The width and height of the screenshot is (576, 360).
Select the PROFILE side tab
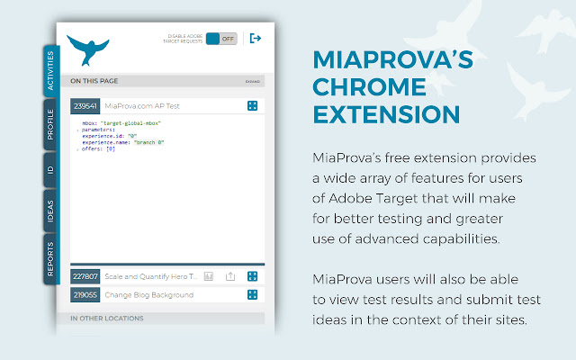pos(50,122)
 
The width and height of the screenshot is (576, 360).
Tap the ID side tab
pos(50,169)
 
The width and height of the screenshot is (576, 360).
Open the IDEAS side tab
pos(50,210)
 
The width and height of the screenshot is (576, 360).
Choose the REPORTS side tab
pos(50,257)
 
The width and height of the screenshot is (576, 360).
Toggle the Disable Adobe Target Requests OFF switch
pos(220,39)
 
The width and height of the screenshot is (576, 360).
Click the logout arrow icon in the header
pos(255,39)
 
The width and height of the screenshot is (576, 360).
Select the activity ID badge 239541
pos(85,106)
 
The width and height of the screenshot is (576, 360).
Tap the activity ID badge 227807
pos(85,276)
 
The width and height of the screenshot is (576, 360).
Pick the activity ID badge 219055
pos(85,294)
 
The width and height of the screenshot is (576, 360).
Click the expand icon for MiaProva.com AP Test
pos(253,106)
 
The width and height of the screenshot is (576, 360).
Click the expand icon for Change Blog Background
pos(253,294)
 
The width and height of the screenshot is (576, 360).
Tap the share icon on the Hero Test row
pos(230,276)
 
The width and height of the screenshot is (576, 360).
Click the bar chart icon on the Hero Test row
pos(208,276)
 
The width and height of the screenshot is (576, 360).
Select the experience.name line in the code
pos(124,142)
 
